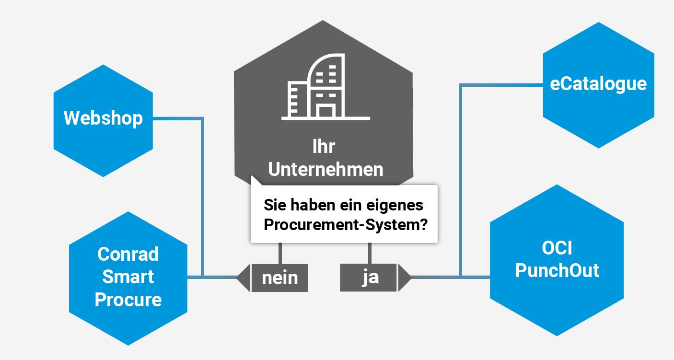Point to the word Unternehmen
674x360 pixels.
pyautogui.click(x=325, y=169)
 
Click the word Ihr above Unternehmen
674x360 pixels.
pyautogui.click(x=324, y=147)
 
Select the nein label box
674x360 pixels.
pyautogui.click(x=279, y=278)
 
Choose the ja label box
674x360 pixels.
pyautogui.click(x=369, y=278)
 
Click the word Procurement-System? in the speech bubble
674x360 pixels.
pyautogui.click(x=346, y=225)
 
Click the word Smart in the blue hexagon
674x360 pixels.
pyautogui.click(x=128, y=277)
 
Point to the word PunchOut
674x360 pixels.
pyautogui.click(x=557, y=270)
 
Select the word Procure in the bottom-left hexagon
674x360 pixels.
pyautogui.click(x=128, y=300)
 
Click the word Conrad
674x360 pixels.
pyautogui.click(x=128, y=254)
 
